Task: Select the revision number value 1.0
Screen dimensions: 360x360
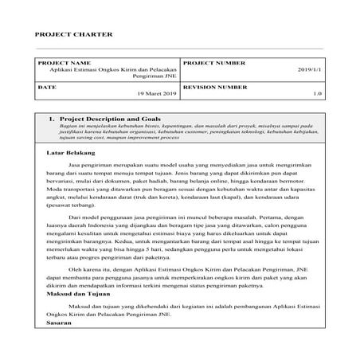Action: (317, 94)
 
